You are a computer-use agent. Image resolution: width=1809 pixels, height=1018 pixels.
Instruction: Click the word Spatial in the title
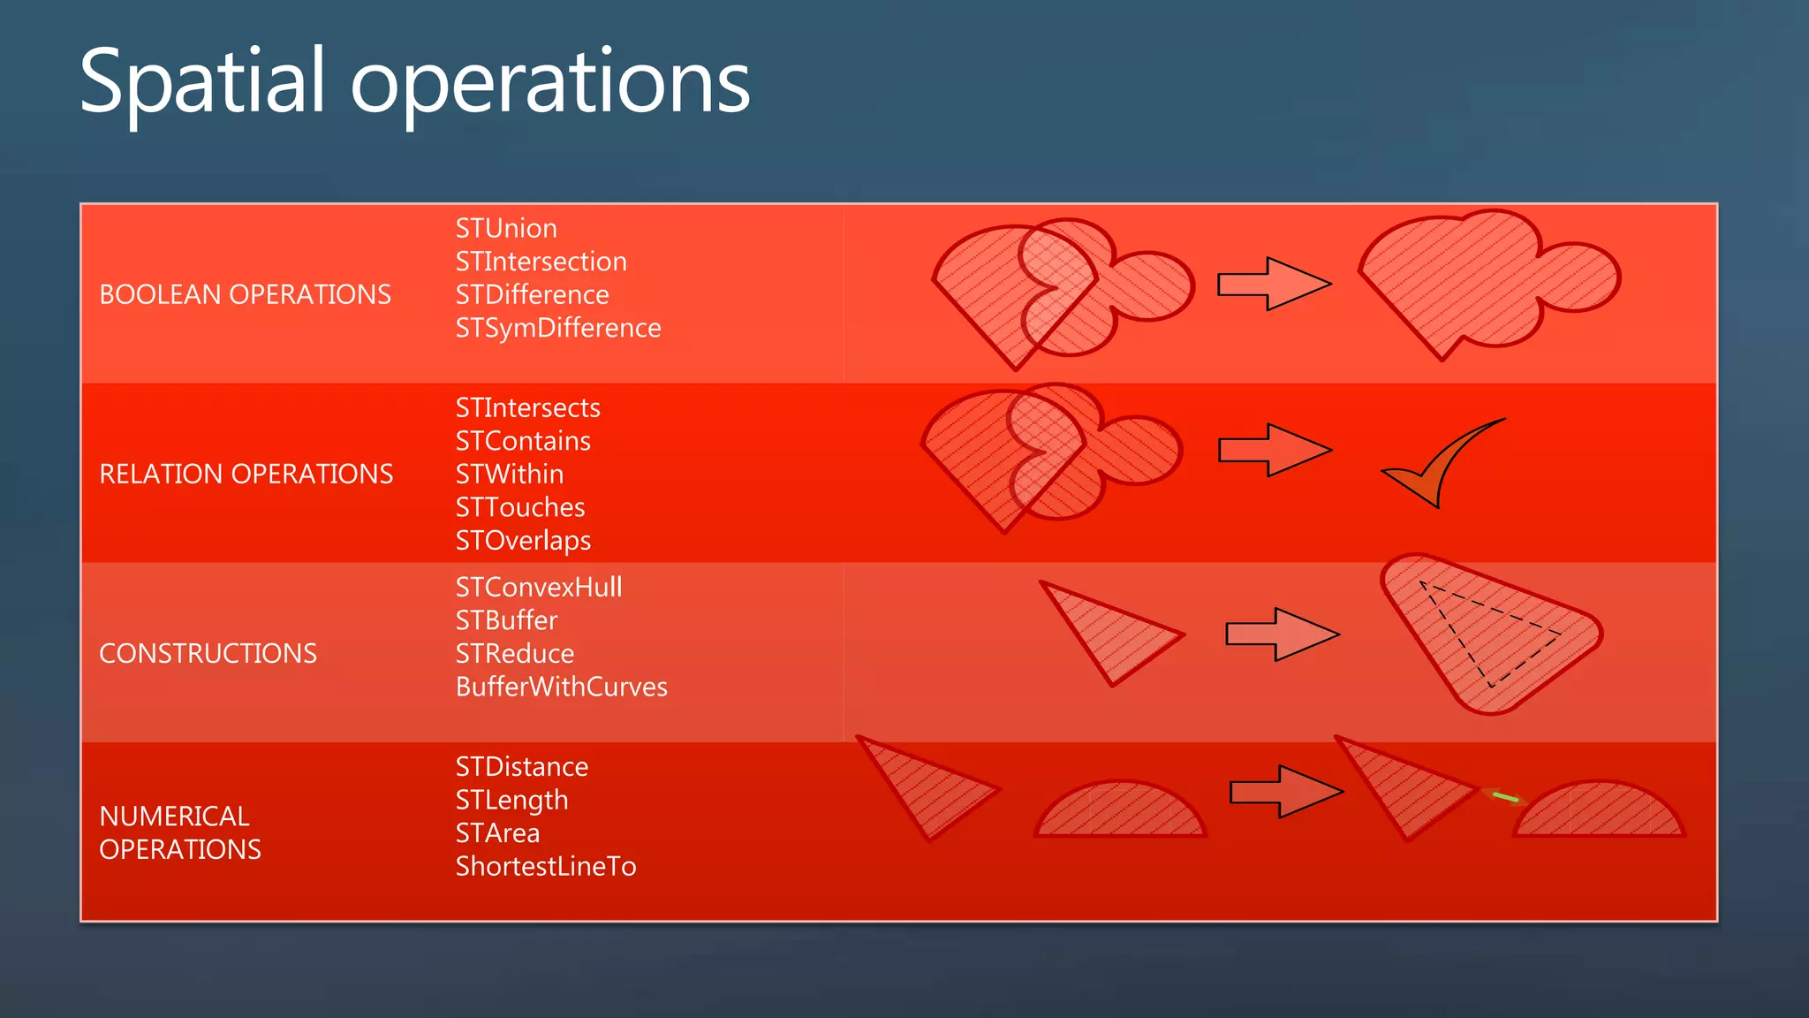coord(202,82)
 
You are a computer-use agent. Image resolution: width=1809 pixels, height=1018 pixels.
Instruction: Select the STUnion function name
coord(506,228)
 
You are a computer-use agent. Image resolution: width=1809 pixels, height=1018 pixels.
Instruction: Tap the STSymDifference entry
coord(557,328)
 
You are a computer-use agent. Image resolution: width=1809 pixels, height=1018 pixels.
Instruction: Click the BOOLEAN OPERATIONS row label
coord(245,294)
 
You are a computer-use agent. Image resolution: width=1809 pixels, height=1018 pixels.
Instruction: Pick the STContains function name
coord(523,441)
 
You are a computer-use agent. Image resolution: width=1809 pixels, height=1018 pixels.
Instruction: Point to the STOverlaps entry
coord(523,541)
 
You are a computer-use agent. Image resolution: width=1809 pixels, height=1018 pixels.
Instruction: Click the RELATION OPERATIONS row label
coord(246,474)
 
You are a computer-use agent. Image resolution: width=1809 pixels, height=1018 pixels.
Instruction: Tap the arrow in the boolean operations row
coord(1273,284)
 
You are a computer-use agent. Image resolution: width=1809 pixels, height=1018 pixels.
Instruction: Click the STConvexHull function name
coord(539,588)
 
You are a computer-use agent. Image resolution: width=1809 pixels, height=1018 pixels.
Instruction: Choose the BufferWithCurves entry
coord(561,687)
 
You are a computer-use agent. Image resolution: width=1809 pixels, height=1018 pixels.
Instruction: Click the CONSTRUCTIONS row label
coord(208,653)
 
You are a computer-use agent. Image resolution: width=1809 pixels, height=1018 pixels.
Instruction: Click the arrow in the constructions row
coord(1282,634)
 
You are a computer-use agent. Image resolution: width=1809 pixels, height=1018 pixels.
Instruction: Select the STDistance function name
coord(521,767)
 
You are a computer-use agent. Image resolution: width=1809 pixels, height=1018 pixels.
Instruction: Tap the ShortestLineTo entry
coord(545,866)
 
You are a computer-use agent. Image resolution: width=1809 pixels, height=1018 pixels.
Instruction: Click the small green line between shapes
coord(1505,797)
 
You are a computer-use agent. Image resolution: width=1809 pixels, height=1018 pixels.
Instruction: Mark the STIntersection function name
coord(541,262)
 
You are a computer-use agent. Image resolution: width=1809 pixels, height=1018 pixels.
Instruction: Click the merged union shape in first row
coord(1484,283)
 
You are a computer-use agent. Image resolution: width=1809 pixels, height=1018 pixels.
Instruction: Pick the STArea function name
coord(497,833)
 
